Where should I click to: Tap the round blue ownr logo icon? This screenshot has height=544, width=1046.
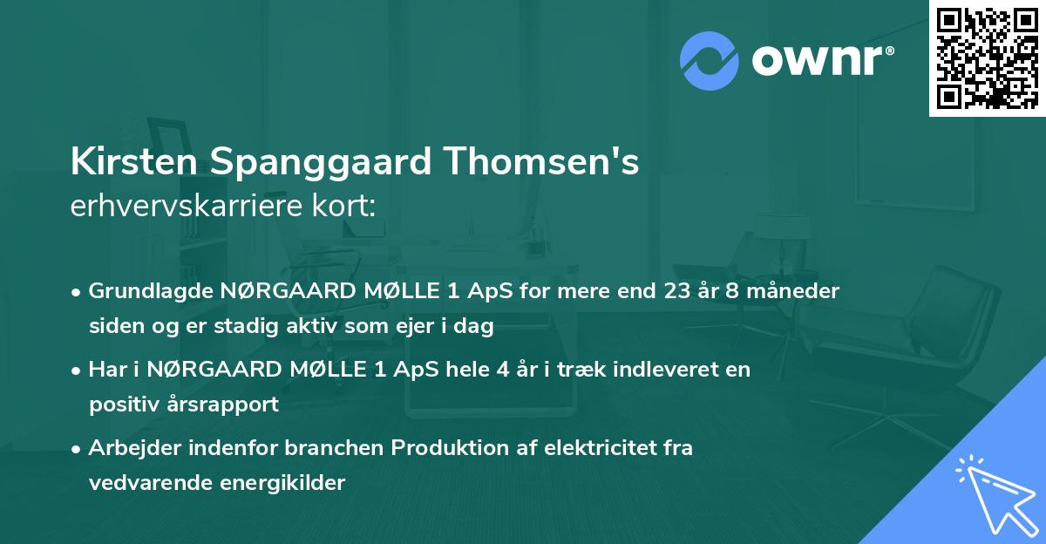click(x=708, y=58)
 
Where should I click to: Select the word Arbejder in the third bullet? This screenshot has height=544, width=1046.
click(x=130, y=448)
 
